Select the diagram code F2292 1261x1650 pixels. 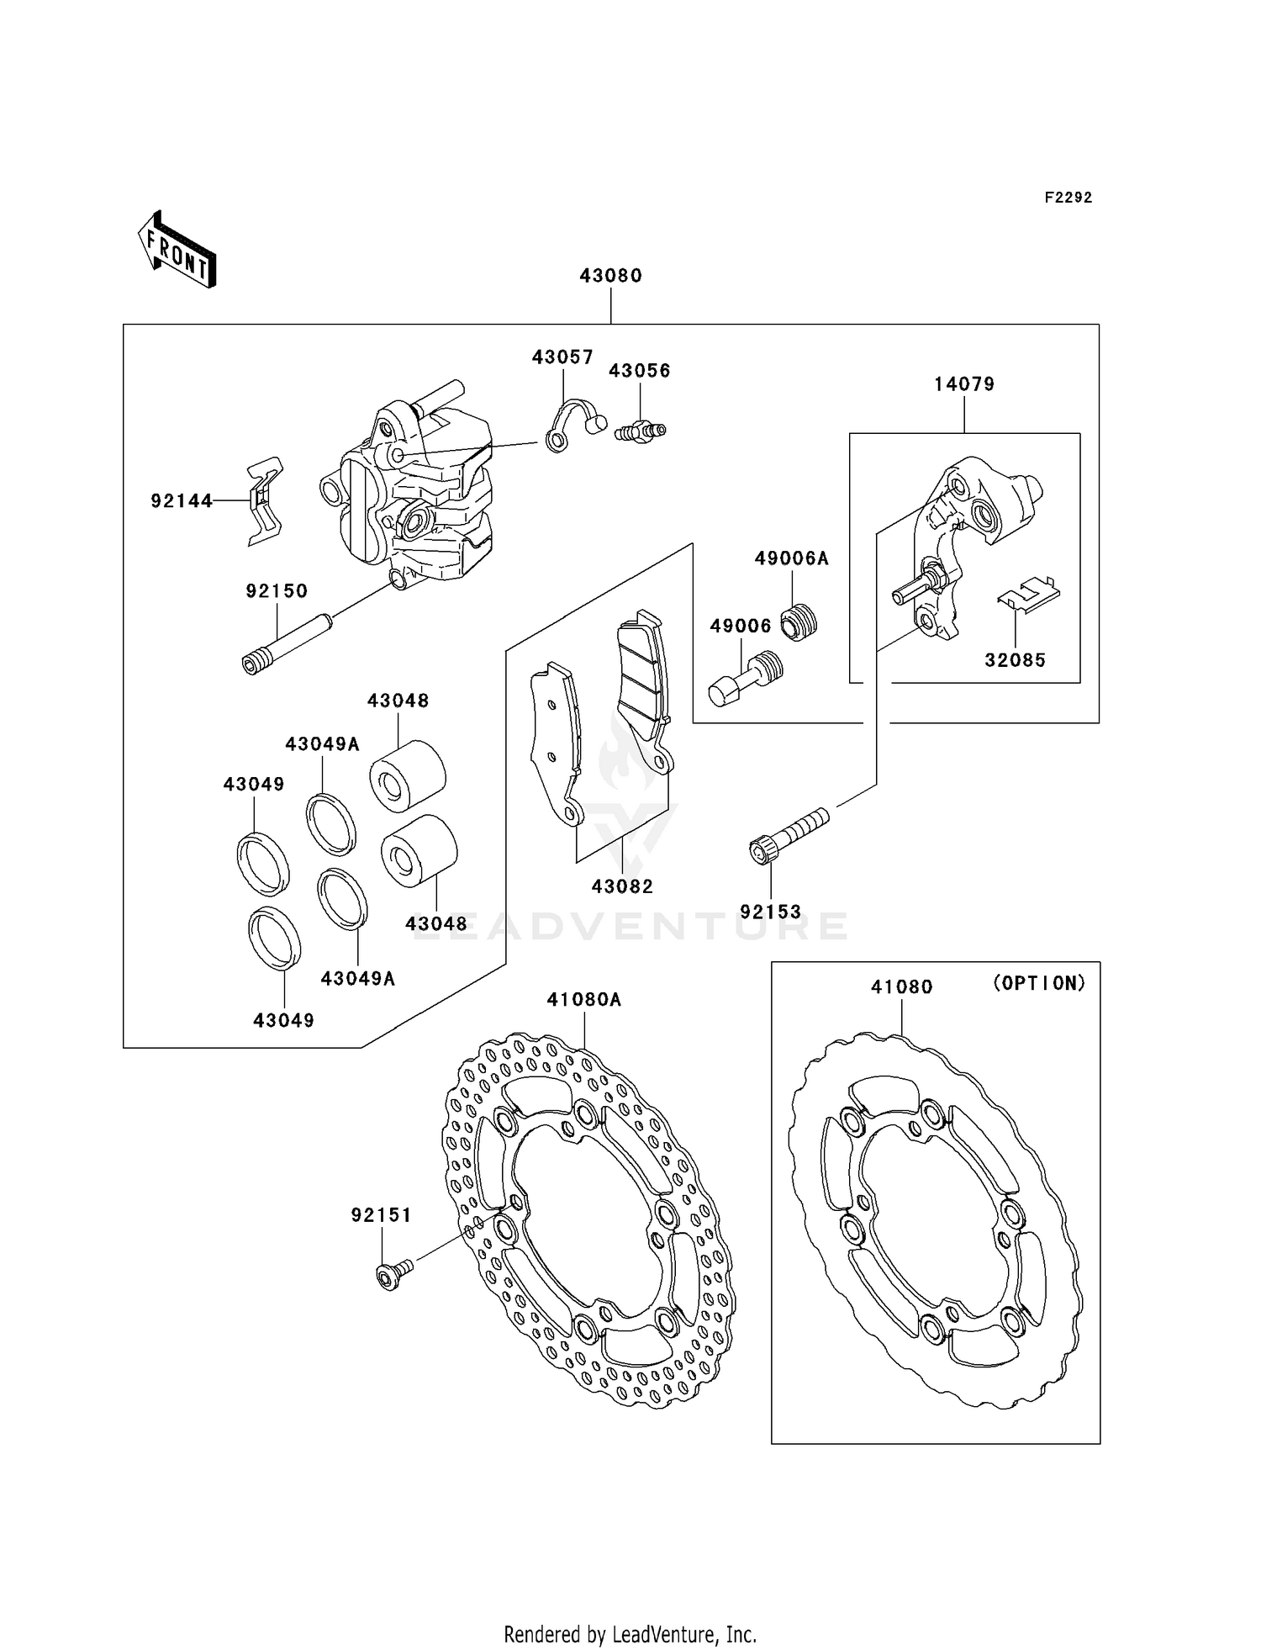(x=1068, y=198)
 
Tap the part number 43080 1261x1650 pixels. (x=610, y=276)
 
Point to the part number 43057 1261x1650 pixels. (x=562, y=357)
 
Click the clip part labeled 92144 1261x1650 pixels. (x=265, y=501)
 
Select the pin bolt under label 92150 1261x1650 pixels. (x=286, y=644)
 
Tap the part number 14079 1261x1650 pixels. (x=963, y=384)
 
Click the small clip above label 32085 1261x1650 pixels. (x=1028, y=592)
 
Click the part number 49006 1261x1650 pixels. (x=740, y=626)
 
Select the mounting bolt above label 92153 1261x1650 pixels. (x=787, y=834)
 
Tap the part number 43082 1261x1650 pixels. (x=622, y=886)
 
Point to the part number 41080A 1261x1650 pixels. (x=583, y=1000)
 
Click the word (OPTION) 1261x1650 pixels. (x=1039, y=983)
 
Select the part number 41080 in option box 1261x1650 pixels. (x=901, y=987)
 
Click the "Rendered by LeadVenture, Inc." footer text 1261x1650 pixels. (x=630, y=1635)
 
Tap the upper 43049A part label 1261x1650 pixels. (x=322, y=744)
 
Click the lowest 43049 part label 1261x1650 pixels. (x=283, y=1020)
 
